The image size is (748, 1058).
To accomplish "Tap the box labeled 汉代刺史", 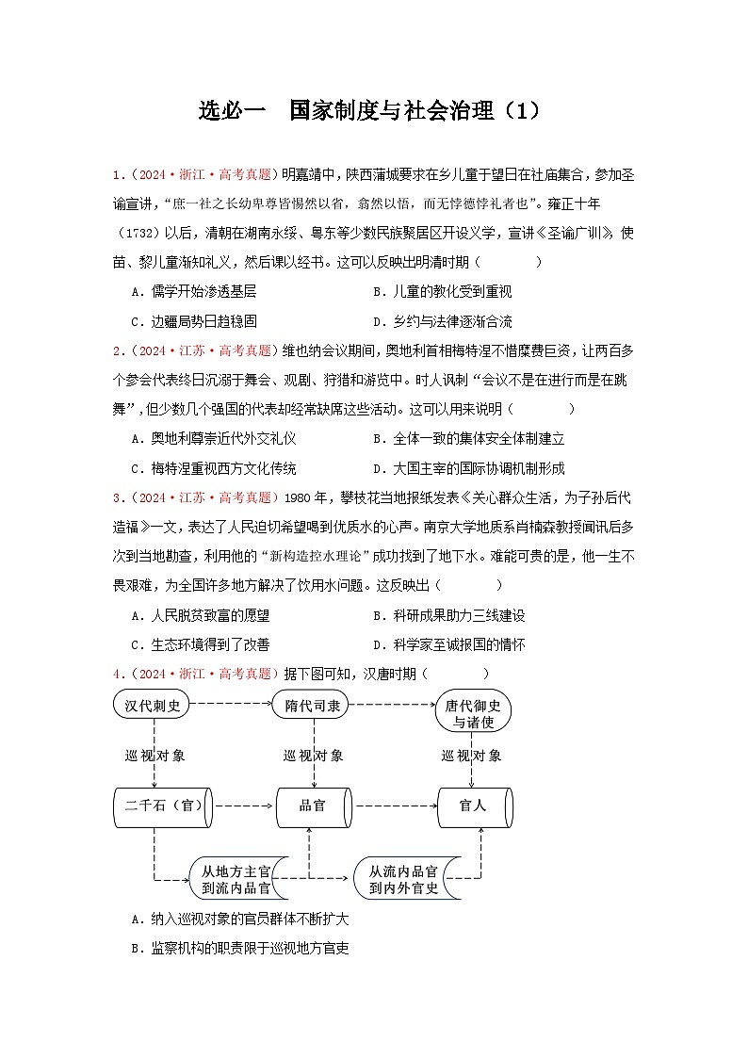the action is point(152,705).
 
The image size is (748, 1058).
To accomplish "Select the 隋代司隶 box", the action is point(312,705).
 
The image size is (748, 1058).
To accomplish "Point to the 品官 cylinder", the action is point(312,806).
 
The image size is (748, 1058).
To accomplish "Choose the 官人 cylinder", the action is point(473,806).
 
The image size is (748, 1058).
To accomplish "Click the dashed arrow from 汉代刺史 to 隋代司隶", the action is point(232,704).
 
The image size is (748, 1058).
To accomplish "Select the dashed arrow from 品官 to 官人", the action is point(393,806).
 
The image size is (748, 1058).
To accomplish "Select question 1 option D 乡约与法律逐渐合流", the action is point(442,321).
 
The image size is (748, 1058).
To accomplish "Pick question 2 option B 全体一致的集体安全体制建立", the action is point(468,439).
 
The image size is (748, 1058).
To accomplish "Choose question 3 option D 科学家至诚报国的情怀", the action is point(448,644).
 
